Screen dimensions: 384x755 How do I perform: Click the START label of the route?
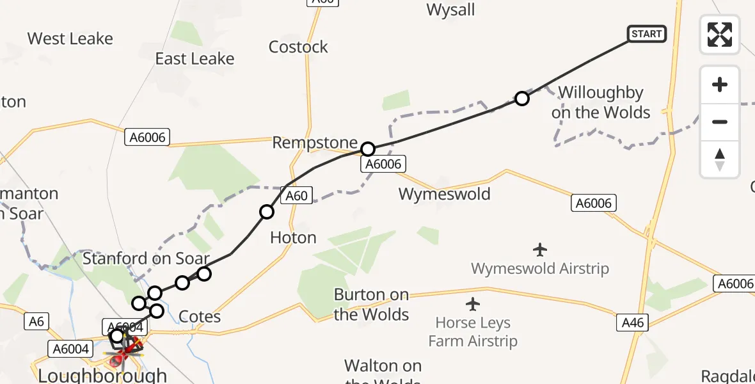[x=647, y=34]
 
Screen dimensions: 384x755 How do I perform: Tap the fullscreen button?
[x=720, y=34]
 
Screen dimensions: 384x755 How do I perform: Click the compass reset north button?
[x=720, y=159]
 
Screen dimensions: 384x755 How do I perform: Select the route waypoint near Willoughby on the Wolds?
[x=522, y=99]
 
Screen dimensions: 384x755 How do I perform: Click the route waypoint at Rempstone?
[x=368, y=149]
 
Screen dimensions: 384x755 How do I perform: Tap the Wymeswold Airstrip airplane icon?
[x=540, y=248]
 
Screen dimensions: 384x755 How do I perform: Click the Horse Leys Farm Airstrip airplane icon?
[x=473, y=303]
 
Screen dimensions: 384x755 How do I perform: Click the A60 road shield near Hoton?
[x=297, y=196]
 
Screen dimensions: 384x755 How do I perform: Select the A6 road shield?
[x=36, y=321]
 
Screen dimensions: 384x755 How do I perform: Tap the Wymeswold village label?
[x=444, y=194]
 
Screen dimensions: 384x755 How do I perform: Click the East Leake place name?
[x=195, y=59]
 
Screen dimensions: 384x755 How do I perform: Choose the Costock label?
[x=298, y=47]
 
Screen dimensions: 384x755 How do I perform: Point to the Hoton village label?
[x=293, y=237]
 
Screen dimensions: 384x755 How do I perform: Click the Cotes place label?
[x=200, y=317]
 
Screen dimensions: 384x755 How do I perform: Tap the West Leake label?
[x=70, y=38]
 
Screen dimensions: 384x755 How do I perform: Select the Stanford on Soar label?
[x=146, y=259]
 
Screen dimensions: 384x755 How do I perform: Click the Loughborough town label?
[x=102, y=375]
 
